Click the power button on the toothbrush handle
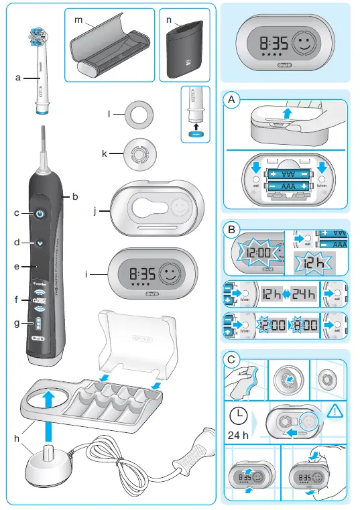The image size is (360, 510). (41, 214)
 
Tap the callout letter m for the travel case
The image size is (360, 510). (78, 20)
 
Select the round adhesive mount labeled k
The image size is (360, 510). (138, 153)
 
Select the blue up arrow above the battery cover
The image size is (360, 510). (287, 114)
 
